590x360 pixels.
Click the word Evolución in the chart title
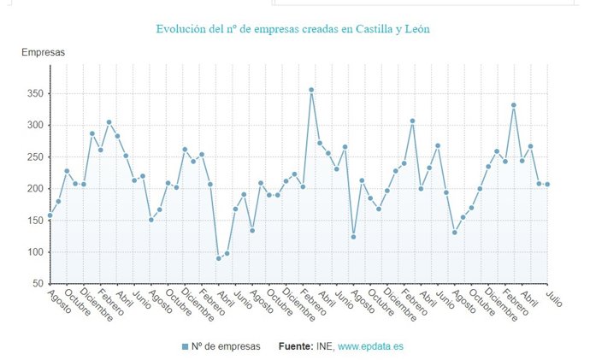click(x=183, y=29)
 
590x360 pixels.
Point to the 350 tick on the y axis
click(x=34, y=93)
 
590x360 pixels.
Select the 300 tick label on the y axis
click(x=34, y=125)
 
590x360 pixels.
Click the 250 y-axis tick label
click(x=34, y=156)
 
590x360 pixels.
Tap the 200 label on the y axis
click(x=34, y=188)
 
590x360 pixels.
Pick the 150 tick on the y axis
click(x=34, y=220)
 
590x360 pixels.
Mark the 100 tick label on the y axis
click(x=34, y=251)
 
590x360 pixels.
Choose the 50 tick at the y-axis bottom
click(x=37, y=283)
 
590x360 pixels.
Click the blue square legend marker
click(x=186, y=346)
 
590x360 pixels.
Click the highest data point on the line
click(x=311, y=90)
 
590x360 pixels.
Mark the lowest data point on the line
click(x=218, y=258)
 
